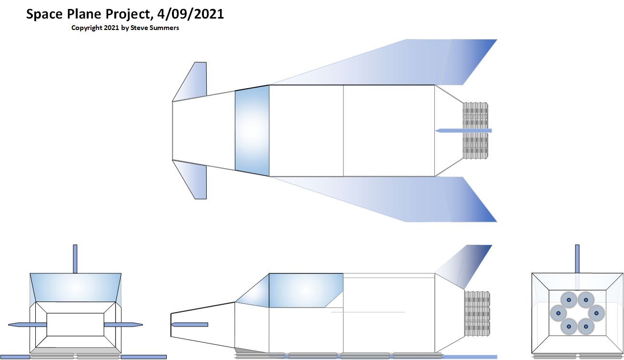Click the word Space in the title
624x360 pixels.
coord(45,14)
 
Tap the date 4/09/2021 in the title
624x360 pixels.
coord(191,14)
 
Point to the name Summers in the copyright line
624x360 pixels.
coord(164,28)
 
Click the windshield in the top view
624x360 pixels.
coord(252,130)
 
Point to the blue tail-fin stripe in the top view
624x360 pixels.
coord(463,130)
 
